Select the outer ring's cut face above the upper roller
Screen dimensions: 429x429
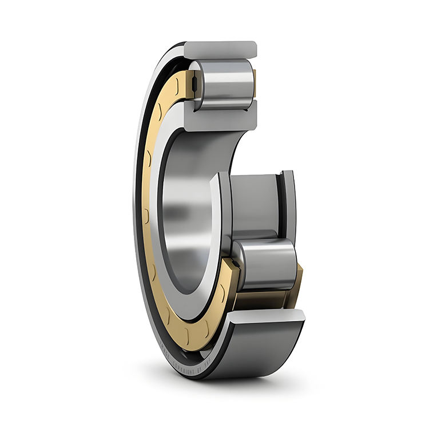[x=220, y=49]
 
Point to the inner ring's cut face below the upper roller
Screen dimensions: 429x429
[x=220, y=117]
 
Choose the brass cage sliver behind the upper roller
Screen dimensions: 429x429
[x=253, y=83]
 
